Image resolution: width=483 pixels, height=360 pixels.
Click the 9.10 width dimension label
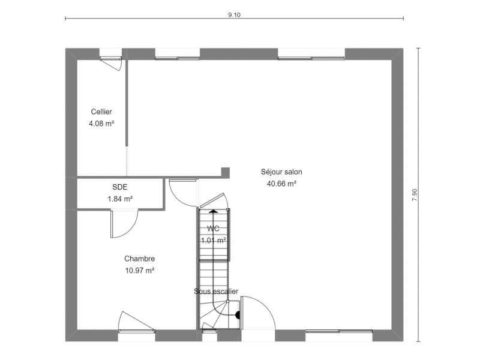234,15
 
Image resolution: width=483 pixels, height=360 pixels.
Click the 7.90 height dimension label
415,195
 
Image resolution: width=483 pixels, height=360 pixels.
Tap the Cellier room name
101,112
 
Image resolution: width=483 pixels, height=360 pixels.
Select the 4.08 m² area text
101,124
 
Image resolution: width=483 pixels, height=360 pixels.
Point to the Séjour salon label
281,172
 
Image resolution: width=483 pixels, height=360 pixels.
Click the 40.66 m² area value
281,184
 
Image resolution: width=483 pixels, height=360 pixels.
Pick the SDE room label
120,187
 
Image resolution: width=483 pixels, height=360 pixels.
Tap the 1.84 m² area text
120,199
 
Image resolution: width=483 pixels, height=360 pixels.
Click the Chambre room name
140,259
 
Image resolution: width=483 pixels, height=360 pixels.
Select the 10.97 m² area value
140,271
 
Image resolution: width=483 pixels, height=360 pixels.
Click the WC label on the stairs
213,229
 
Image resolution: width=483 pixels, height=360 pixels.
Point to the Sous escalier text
216,291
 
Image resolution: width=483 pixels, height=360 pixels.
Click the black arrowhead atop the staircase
213,211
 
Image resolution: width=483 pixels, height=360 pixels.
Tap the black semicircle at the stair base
238,315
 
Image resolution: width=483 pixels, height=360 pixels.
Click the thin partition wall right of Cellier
127,101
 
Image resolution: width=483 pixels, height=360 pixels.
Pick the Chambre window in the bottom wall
136,331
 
